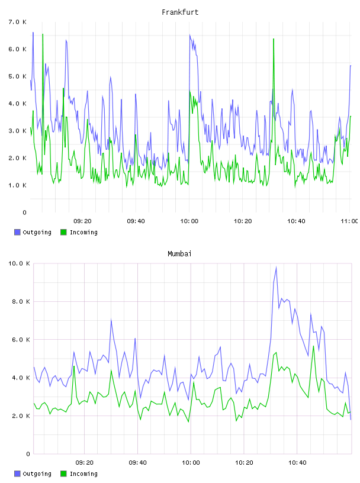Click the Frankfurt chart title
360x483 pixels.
pyautogui.click(x=180, y=12)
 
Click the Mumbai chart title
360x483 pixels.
pyautogui.click(x=179, y=254)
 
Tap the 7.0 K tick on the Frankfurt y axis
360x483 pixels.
pyautogui.click(x=18, y=22)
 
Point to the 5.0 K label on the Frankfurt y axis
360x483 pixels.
pyautogui.click(x=18, y=76)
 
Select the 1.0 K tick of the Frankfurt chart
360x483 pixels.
pyautogui.click(x=18, y=185)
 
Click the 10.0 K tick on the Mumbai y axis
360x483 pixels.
pyautogui.click(x=19, y=263)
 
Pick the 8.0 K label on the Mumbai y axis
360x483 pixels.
pyautogui.click(x=21, y=301)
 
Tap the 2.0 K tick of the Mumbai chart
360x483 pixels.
pyautogui.click(x=21, y=416)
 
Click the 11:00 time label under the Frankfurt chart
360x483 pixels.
pyautogui.click(x=349, y=221)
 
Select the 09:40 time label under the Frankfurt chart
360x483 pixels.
pyautogui.click(x=136, y=221)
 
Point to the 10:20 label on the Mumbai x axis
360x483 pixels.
pyautogui.click(x=244, y=463)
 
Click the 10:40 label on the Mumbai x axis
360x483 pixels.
pyautogui.click(x=297, y=463)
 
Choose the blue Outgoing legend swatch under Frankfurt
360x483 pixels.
pyautogui.click(x=17, y=232)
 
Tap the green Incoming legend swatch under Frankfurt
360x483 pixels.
pyautogui.click(x=63, y=232)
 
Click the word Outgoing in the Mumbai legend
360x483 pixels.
pyautogui.click(x=37, y=474)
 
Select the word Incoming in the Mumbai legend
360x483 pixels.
pyautogui.click(x=83, y=474)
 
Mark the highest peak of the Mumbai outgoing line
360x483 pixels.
pyautogui.click(x=276, y=268)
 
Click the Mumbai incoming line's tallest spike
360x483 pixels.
pyautogui.click(x=313, y=346)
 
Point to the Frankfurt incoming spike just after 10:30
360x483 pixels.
pyautogui.click(x=274, y=39)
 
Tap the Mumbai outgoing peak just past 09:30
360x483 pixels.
pyautogui.click(x=111, y=320)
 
